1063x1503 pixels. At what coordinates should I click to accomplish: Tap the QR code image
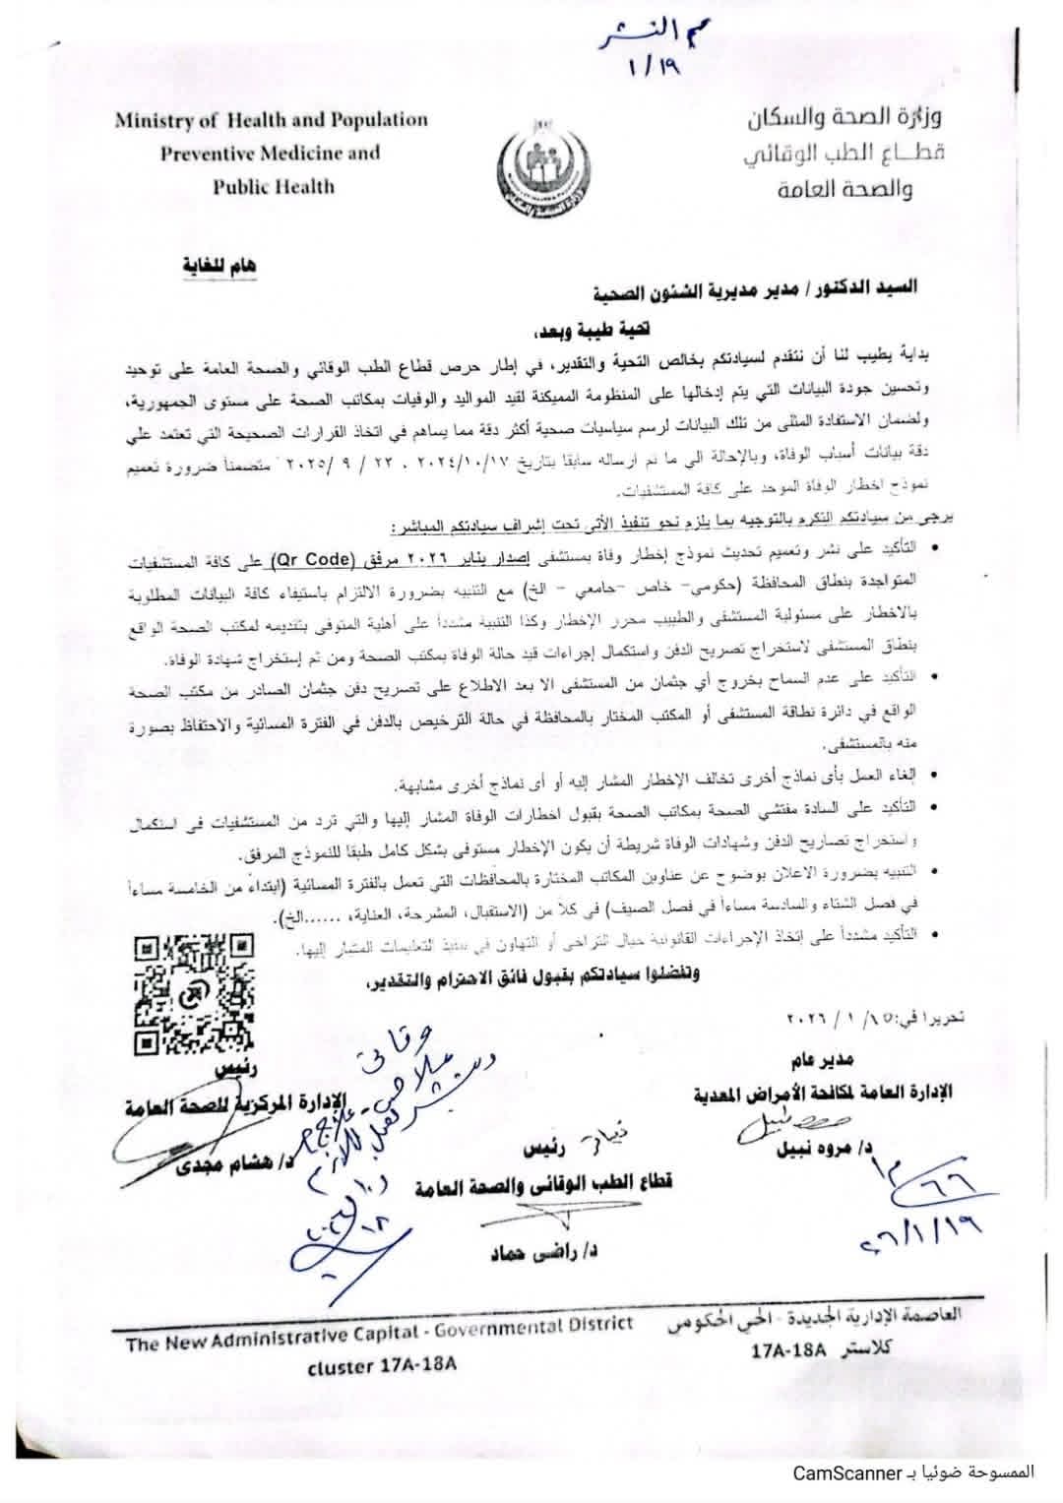(193, 994)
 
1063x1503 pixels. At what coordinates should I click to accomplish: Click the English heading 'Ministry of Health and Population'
(272, 121)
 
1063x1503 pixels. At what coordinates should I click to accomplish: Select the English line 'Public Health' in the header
(274, 187)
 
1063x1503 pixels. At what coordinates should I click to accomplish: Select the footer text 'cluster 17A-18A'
(384, 1366)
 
